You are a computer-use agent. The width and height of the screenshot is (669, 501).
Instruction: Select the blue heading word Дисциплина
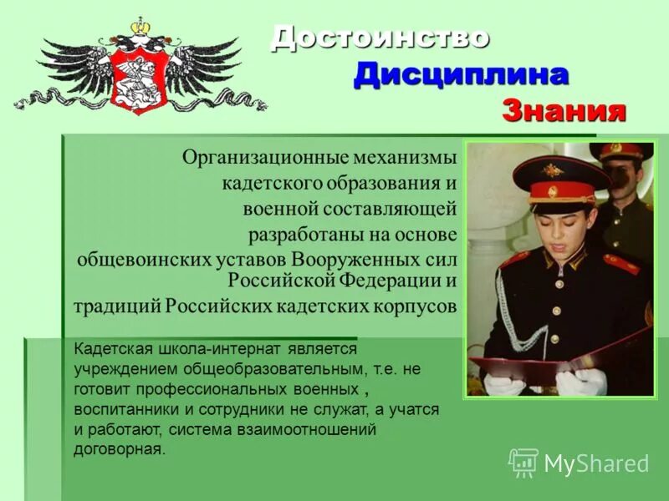tap(461, 73)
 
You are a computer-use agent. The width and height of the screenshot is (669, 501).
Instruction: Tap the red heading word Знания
tap(564, 110)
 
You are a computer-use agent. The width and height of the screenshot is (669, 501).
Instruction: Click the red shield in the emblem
tap(140, 78)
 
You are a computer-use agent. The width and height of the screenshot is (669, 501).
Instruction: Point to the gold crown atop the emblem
tap(139, 28)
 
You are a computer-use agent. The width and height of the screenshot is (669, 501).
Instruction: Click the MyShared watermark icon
tap(523, 463)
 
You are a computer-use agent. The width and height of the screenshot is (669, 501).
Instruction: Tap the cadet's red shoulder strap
tap(620, 266)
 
